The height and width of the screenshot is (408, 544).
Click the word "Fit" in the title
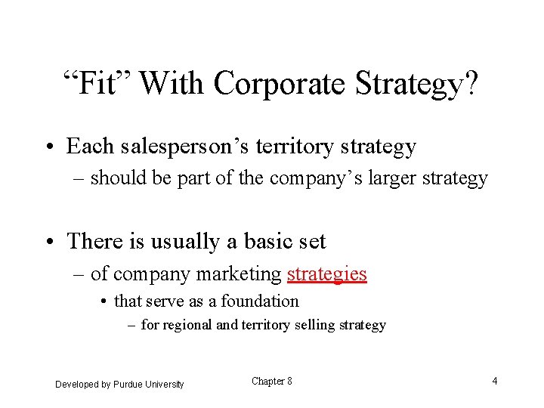click(97, 83)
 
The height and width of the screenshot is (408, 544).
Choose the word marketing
click(239, 274)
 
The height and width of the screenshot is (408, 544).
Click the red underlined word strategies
click(326, 274)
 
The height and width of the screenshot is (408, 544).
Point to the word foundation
click(259, 301)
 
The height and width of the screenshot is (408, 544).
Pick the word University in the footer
click(165, 385)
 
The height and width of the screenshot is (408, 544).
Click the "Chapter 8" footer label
click(271, 382)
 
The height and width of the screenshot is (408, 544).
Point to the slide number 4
click(494, 381)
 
